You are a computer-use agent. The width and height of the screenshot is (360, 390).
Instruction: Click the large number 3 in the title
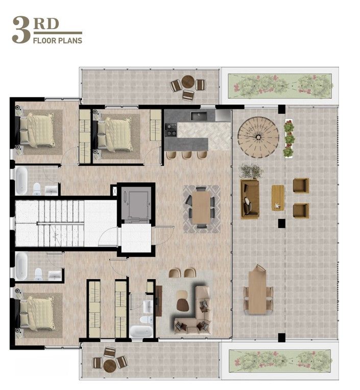[21, 30]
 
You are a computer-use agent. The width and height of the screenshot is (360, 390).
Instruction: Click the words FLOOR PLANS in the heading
[57, 40]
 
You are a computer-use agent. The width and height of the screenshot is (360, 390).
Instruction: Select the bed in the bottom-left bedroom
[38, 312]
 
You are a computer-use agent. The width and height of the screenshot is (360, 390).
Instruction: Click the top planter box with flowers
[279, 84]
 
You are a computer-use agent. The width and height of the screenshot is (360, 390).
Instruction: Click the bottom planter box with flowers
[279, 360]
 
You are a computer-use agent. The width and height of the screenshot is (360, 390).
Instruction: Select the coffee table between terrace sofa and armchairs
[278, 197]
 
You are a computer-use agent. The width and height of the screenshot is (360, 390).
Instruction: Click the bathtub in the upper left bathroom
[21, 181]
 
